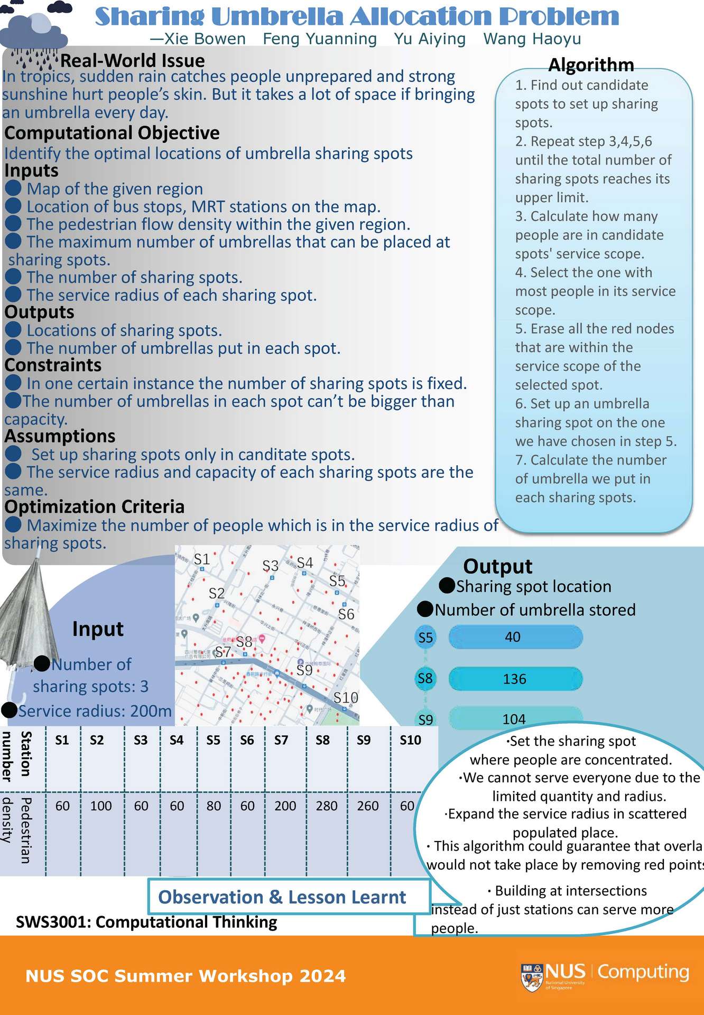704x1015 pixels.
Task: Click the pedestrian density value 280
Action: pyautogui.click(x=326, y=806)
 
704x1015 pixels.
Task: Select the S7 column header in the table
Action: pyautogui.click(x=281, y=740)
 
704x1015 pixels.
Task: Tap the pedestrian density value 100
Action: pyautogui.click(x=101, y=806)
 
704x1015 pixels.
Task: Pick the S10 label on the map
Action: pyautogui.click(x=346, y=698)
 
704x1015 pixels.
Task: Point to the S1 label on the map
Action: pyautogui.click(x=202, y=559)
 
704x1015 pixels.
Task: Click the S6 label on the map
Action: pyautogui.click(x=346, y=614)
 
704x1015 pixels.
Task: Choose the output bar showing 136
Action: pyautogui.click(x=515, y=679)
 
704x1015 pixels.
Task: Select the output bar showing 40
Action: pyautogui.click(x=515, y=637)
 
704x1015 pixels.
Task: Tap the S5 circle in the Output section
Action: pyautogui.click(x=425, y=638)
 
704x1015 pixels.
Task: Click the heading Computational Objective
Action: pyautogui.click(x=112, y=133)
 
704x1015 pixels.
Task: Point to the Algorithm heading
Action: pyautogui.click(x=591, y=64)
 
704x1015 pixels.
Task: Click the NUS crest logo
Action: pyautogui.click(x=532, y=976)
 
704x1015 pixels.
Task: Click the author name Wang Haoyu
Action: pyautogui.click(x=532, y=39)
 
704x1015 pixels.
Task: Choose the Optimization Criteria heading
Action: pyautogui.click(x=95, y=506)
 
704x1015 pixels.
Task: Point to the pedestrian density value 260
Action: pyautogui.click(x=367, y=806)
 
